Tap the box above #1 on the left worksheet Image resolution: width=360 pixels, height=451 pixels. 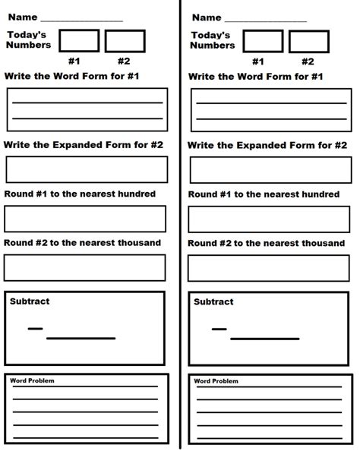click(x=78, y=41)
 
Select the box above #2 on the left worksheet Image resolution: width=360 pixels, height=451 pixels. click(x=125, y=41)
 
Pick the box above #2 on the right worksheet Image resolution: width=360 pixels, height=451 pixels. click(x=309, y=41)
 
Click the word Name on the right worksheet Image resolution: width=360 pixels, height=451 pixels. click(x=207, y=17)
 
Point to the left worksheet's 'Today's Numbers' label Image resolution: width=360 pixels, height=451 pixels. click(x=29, y=39)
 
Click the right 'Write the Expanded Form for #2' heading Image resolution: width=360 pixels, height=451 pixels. click(x=267, y=144)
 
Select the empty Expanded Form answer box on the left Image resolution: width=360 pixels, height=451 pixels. click(x=85, y=169)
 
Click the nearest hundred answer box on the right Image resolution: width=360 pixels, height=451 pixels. click(x=269, y=219)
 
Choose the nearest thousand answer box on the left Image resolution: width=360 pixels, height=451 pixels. click(x=85, y=268)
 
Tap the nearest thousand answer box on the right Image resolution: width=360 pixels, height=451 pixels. click(x=269, y=268)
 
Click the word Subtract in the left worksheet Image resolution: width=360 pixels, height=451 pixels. click(x=30, y=301)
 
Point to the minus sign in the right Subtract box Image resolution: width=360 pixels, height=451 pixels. click(x=219, y=329)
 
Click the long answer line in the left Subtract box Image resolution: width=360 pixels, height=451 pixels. click(x=81, y=339)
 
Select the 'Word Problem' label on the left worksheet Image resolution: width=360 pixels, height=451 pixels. click(x=32, y=381)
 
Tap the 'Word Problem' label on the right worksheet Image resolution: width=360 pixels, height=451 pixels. click(x=216, y=381)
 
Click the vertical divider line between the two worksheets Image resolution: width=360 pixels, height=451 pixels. click(x=180, y=228)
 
